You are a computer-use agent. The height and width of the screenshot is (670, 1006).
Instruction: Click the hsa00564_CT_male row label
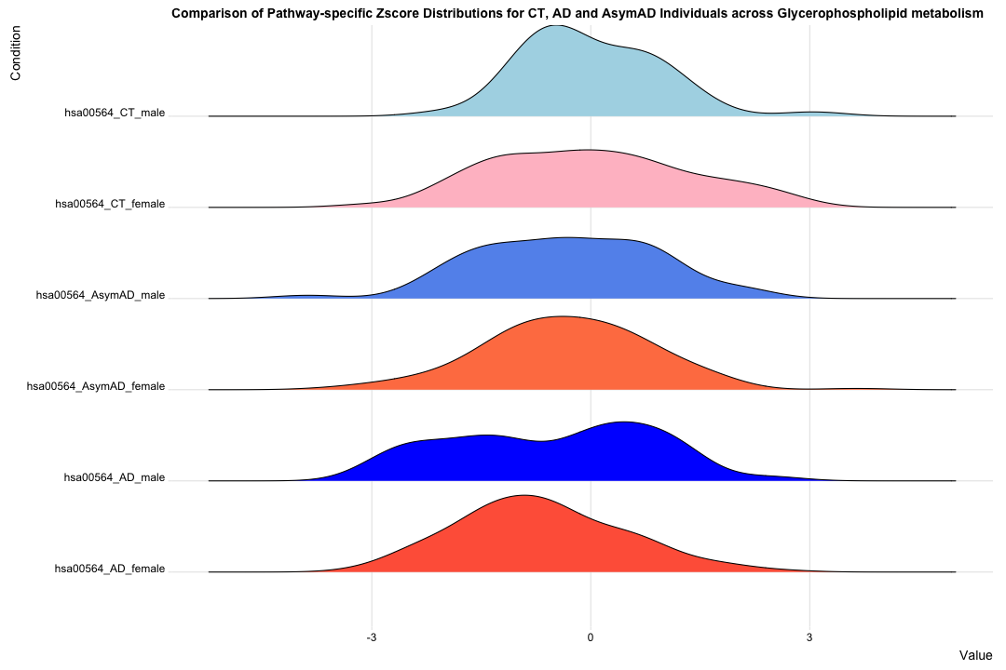click(x=114, y=113)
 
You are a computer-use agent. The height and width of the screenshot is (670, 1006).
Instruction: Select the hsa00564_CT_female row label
click(x=110, y=204)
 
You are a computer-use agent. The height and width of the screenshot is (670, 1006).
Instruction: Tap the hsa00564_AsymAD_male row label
click(x=100, y=295)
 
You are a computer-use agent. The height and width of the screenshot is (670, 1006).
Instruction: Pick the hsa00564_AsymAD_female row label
click(x=96, y=386)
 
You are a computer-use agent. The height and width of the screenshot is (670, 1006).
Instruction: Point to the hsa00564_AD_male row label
click(x=114, y=477)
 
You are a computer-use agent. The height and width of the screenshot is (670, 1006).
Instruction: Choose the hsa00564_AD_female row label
click(x=110, y=569)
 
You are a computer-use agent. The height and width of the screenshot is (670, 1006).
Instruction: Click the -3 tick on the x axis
click(x=372, y=637)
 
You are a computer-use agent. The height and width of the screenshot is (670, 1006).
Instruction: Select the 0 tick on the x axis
click(x=590, y=637)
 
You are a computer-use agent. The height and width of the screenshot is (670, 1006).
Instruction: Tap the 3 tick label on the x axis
click(x=809, y=637)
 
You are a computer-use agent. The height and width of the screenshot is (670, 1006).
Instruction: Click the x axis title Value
click(x=976, y=655)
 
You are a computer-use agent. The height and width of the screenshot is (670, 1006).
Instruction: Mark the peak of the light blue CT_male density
click(x=555, y=26)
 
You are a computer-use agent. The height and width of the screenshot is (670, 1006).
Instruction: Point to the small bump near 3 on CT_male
click(x=813, y=113)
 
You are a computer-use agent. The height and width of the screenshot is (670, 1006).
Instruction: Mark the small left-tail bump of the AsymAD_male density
click(x=306, y=295)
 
